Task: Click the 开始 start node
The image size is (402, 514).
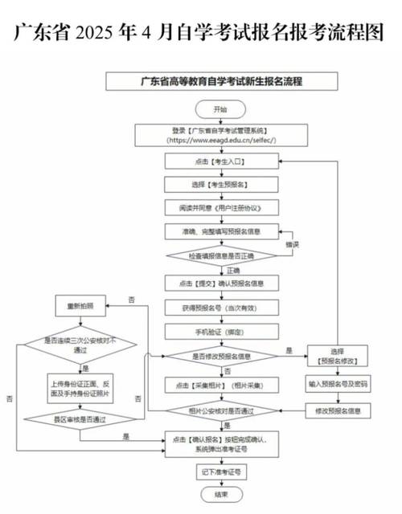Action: (220, 108)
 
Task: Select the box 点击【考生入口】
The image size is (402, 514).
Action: (220, 161)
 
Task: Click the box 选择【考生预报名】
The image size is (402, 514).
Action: (220, 184)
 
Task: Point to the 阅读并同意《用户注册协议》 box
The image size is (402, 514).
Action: (220, 206)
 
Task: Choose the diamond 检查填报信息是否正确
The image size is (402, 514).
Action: (220, 255)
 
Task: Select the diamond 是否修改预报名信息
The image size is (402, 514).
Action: (220, 355)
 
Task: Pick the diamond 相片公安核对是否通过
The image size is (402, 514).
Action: (220, 411)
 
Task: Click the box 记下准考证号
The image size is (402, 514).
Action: (220, 471)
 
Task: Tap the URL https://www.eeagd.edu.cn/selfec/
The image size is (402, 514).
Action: (220, 140)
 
